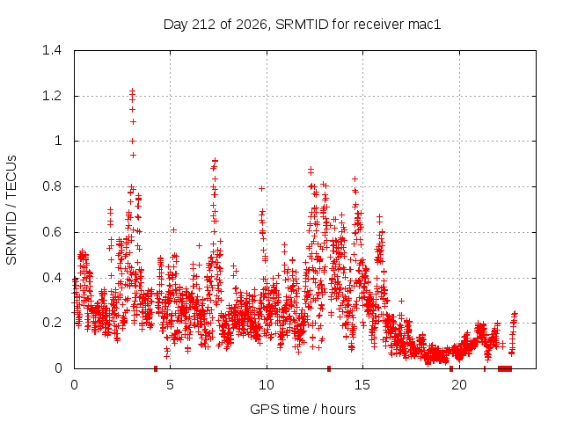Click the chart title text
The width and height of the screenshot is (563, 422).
(302, 25)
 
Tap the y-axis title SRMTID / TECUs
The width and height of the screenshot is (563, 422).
(11, 210)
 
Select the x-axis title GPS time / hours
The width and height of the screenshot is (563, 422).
(303, 409)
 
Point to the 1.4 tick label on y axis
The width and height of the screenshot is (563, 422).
(52, 50)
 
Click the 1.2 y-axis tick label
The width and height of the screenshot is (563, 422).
(52, 96)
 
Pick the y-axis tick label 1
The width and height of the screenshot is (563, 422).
(58, 141)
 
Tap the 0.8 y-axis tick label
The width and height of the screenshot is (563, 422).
(52, 186)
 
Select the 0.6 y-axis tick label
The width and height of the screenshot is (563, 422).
(52, 232)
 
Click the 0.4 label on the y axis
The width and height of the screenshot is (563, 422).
(52, 278)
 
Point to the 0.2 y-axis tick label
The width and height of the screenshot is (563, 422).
(52, 323)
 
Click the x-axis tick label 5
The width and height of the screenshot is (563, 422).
(170, 385)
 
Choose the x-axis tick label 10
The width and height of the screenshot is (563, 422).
(266, 385)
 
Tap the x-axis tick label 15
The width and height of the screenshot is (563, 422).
(362, 385)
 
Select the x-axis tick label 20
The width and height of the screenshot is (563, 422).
(458, 385)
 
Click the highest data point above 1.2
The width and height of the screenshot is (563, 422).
(133, 91)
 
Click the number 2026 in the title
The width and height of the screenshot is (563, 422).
(252, 25)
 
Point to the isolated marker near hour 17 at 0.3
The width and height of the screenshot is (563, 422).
(401, 301)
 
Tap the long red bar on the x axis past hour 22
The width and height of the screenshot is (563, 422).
(505, 368)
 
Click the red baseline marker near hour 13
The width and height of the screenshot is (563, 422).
(329, 368)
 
